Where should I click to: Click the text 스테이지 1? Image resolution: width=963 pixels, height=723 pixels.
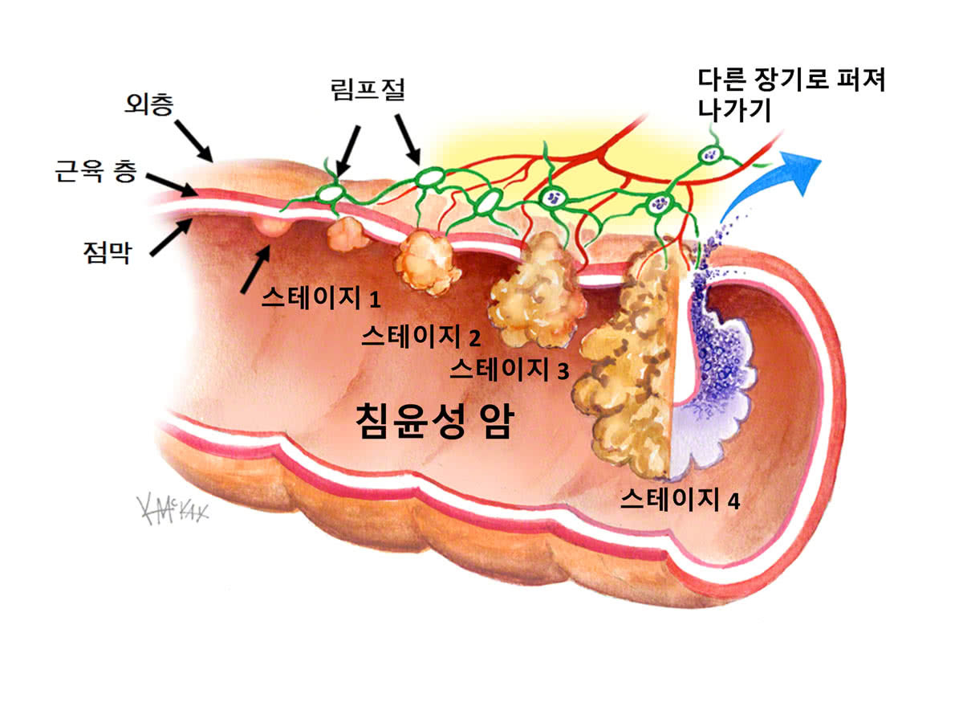pyautogui.click(x=320, y=299)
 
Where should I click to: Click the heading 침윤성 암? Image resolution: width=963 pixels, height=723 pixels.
pyautogui.click(x=433, y=422)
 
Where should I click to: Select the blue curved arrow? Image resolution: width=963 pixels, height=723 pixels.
pyautogui.click(x=770, y=185)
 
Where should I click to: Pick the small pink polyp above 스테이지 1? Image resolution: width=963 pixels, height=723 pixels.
pyautogui.click(x=271, y=226)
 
